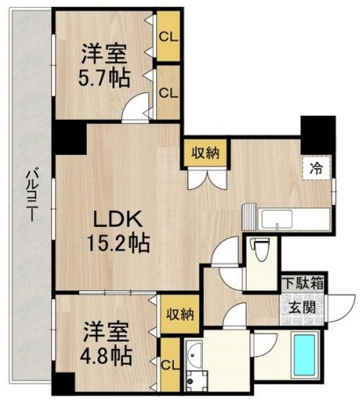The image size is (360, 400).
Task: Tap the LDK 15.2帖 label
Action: tap(114, 227)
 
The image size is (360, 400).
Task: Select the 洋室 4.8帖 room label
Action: tap(107, 344)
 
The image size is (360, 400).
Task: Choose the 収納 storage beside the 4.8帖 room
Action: tap(179, 313)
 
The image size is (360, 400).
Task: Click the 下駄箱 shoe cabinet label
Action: tap(304, 285)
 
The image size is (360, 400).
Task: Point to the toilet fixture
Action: tap(258, 250)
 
